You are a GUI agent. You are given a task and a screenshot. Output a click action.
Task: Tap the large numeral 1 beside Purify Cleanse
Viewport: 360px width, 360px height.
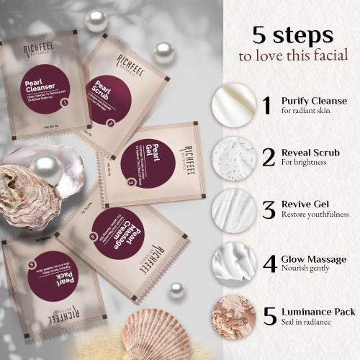pyautogui.click(x=267, y=105)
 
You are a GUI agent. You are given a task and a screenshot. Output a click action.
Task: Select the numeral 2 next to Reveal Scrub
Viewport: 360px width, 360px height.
pyautogui.click(x=268, y=157)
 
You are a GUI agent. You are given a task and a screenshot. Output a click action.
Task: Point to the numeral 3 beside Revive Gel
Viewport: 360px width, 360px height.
pyautogui.click(x=269, y=210)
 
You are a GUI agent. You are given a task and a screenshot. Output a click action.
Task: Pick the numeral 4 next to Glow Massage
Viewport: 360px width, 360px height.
pyautogui.click(x=270, y=262)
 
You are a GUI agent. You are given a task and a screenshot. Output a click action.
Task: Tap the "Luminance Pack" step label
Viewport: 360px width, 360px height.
pyautogui.click(x=318, y=310)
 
